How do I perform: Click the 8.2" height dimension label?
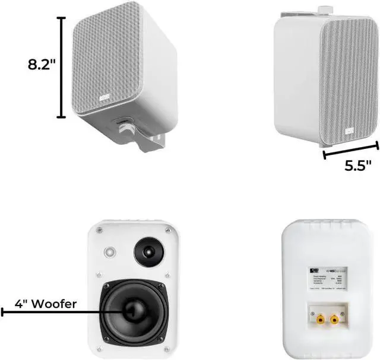point(41,65)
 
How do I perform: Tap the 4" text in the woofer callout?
point(24,304)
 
